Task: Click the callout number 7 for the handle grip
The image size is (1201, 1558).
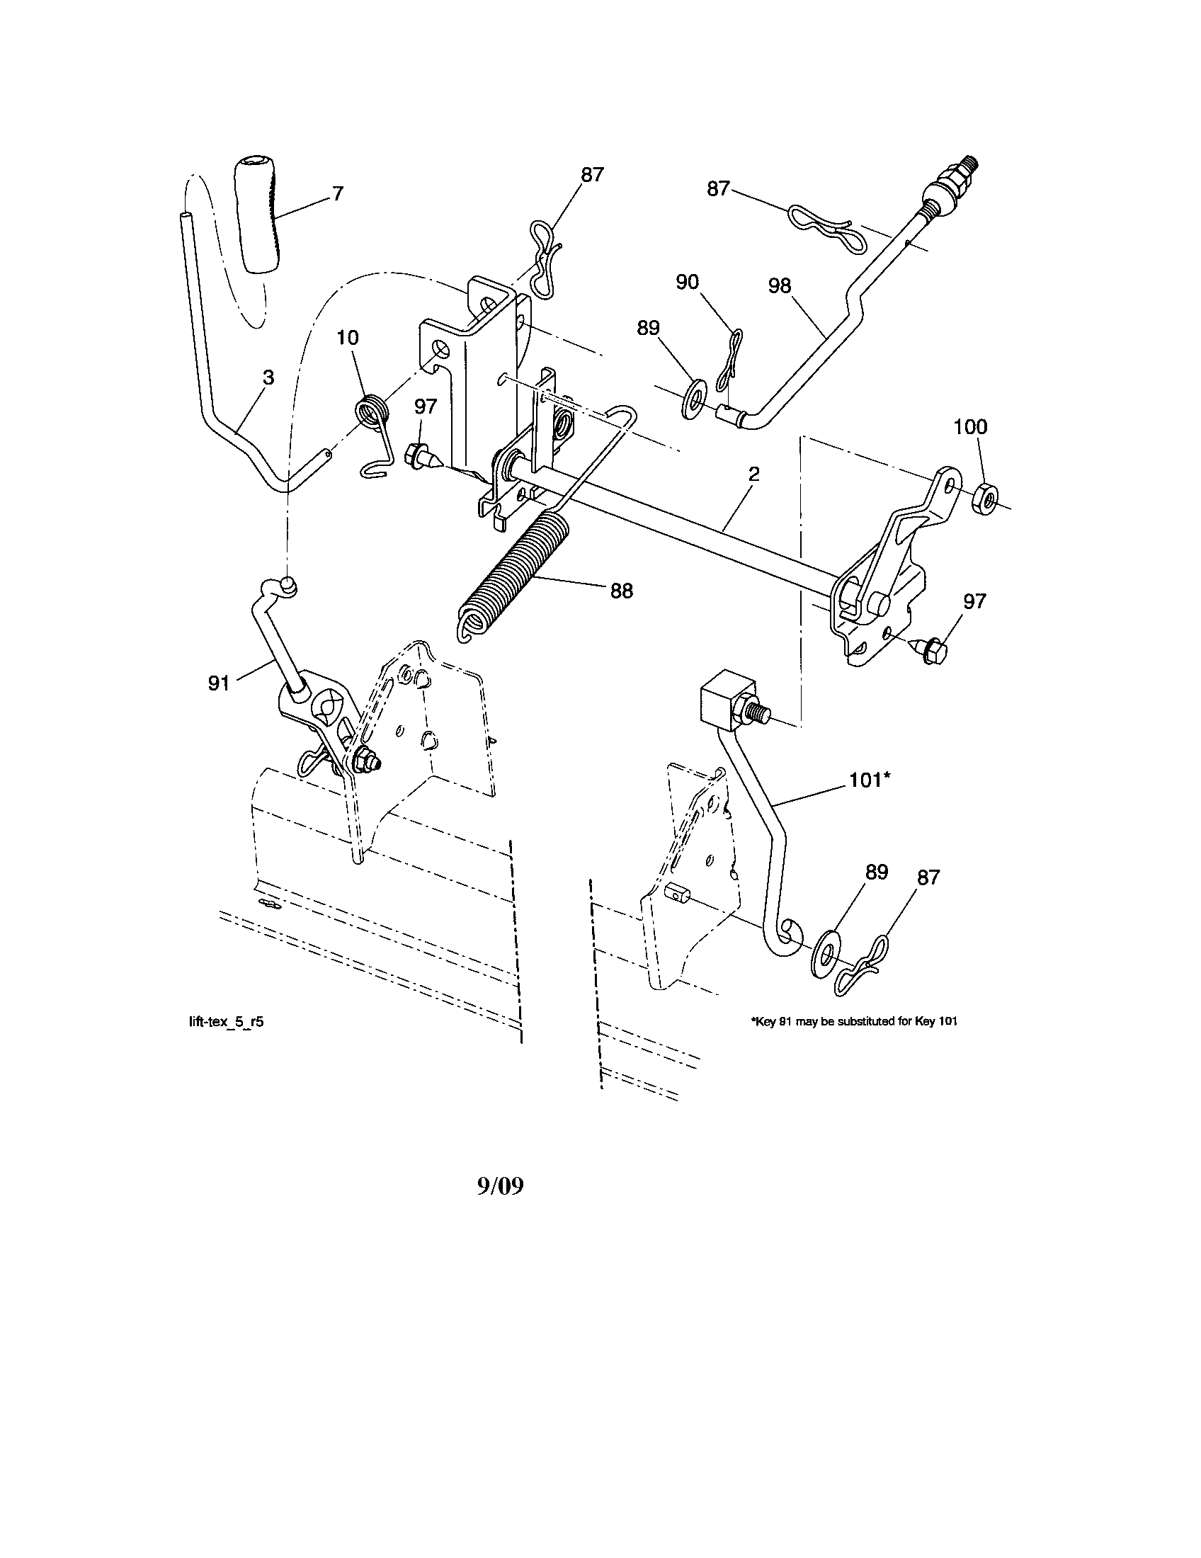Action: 338,193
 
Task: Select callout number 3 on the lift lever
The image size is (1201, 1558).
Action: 268,377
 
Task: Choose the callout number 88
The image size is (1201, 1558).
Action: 621,591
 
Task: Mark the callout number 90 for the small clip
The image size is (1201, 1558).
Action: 687,282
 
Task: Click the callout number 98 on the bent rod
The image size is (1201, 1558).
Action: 780,285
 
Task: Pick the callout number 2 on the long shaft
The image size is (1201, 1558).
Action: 754,474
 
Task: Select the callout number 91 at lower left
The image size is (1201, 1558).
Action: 219,683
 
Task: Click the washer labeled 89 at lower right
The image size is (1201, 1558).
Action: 826,955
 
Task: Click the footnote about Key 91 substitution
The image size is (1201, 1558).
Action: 854,1021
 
